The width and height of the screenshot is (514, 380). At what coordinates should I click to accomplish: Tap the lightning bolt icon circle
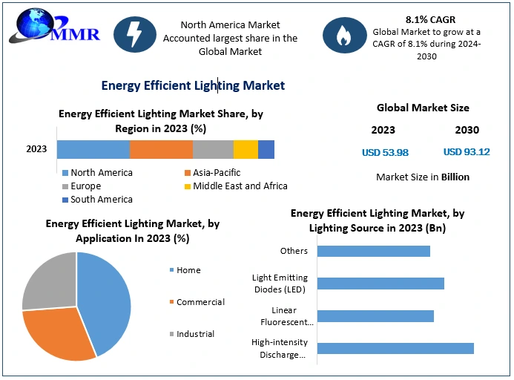135,34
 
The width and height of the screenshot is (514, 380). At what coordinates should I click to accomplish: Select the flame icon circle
343,34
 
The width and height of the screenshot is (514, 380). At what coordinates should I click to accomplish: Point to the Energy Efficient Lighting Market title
193,86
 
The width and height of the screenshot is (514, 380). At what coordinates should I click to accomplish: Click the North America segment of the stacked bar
93,149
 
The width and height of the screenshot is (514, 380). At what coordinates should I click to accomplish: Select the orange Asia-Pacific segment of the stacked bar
161,149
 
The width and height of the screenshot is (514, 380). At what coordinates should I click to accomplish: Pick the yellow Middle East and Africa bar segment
246,149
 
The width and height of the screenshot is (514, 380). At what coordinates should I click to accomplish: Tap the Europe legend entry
85,186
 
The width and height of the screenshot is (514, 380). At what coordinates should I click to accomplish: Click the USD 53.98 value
384,152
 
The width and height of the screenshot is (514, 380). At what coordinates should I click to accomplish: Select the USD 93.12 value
467,152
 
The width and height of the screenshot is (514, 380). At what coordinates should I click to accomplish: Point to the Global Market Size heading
423,108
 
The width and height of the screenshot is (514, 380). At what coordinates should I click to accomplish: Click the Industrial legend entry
195,334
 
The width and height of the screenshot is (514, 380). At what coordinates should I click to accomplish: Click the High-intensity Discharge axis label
278,349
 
